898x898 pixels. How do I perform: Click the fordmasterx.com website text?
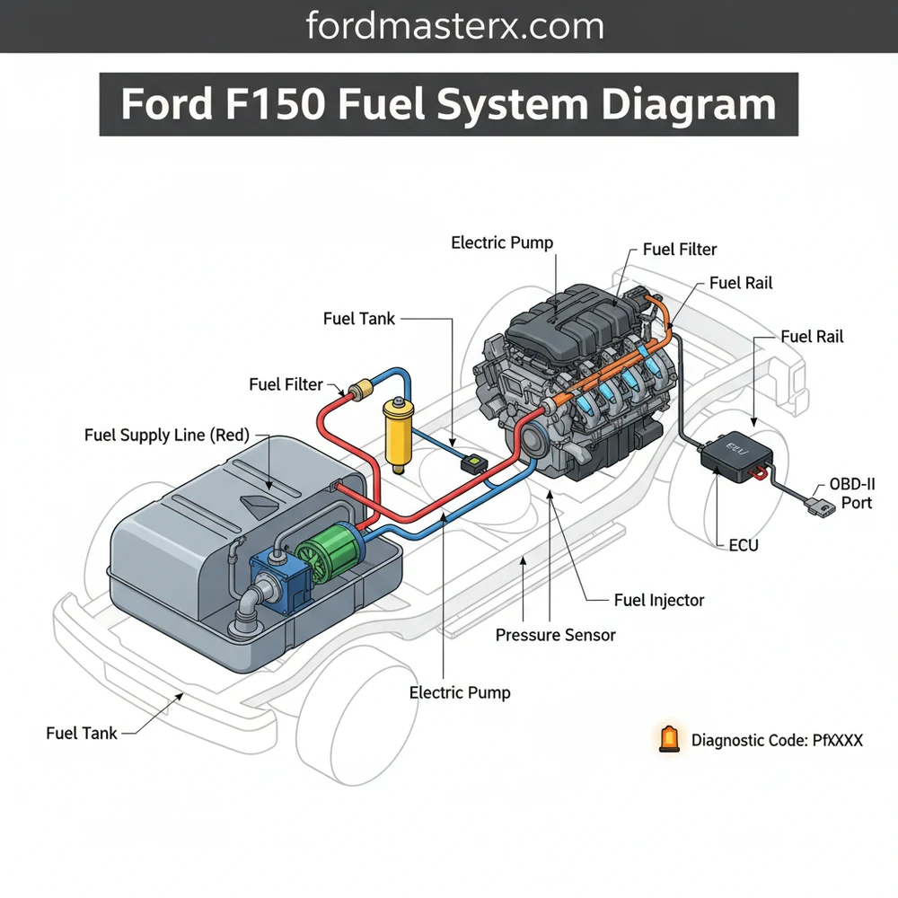[448, 26]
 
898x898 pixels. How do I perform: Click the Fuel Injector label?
[659, 600]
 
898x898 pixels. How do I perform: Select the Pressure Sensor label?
[555, 635]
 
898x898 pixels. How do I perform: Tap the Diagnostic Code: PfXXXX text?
[777, 741]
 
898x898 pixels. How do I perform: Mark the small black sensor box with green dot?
[471, 464]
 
